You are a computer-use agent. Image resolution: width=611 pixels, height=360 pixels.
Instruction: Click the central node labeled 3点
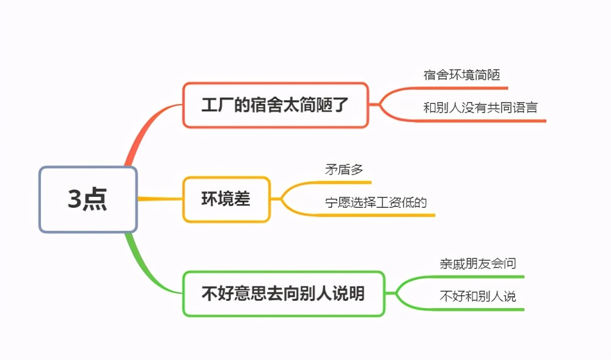point(88,199)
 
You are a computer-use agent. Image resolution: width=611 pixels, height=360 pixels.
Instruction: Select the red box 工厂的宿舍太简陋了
point(276,105)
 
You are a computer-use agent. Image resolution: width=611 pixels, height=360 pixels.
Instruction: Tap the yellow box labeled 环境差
point(227,199)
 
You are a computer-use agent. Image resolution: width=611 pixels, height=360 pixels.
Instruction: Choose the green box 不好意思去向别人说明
point(284,293)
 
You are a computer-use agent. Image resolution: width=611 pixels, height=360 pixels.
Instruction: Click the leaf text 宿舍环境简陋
point(462,75)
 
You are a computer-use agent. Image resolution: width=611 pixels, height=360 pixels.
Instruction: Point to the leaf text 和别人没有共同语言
point(480,108)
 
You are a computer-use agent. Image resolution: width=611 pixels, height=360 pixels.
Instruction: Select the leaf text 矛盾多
point(344,169)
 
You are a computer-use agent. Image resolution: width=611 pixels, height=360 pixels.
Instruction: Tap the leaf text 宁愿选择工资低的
point(376,202)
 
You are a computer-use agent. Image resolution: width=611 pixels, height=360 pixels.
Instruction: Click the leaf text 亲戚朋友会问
point(478,264)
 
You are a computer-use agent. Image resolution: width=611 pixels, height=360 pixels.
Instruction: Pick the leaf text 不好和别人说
point(478,296)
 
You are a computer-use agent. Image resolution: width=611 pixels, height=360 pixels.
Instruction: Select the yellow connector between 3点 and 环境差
point(160,199)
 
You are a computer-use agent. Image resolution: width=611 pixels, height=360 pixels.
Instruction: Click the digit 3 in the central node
point(75,199)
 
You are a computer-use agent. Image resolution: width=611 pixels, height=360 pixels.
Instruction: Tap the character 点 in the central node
point(95,199)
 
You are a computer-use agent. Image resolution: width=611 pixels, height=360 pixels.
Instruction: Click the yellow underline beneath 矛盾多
point(343,182)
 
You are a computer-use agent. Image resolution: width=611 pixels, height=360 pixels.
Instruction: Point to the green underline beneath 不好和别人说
point(478,310)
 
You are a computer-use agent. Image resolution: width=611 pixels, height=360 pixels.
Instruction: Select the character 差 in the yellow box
point(243,199)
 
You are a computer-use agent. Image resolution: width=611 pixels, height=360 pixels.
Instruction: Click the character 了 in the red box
point(340,105)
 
